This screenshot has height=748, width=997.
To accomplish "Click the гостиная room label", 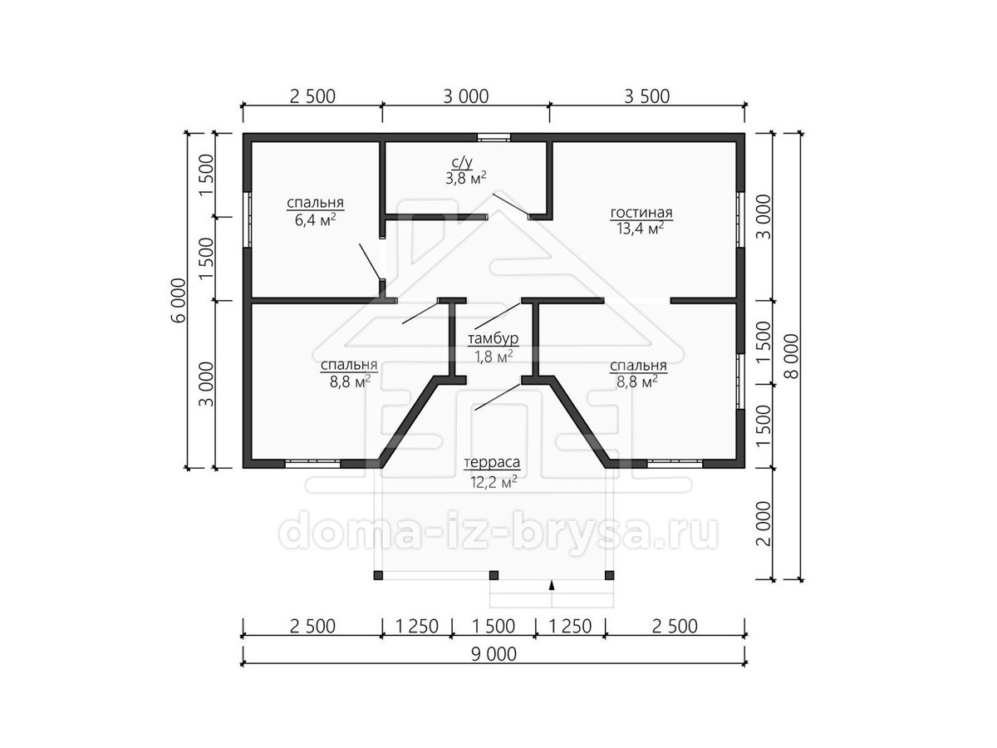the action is (x=641, y=213).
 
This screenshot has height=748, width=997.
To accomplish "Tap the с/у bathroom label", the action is (x=462, y=162).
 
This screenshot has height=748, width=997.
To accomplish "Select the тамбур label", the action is (x=493, y=339).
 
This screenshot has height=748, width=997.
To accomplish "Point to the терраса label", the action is (x=492, y=463).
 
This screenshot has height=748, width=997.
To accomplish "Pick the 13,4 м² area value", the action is (x=640, y=229).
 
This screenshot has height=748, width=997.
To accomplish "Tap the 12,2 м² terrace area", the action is (x=494, y=482).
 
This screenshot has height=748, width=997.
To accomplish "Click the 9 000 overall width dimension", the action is (x=494, y=654).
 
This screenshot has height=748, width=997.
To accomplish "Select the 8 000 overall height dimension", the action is (x=791, y=357).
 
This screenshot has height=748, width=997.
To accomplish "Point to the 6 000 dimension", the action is (x=179, y=300).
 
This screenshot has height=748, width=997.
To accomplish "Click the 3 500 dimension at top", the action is (x=646, y=96).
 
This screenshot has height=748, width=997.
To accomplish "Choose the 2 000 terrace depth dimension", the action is (x=764, y=524).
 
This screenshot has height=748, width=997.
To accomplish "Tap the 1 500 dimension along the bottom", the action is (x=494, y=627).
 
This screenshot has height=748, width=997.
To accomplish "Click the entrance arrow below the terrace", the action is (x=552, y=585).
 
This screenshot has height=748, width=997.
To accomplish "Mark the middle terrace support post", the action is (x=494, y=575).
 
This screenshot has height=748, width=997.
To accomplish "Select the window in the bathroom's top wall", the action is (x=494, y=137).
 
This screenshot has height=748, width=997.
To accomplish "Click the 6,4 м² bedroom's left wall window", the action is (x=248, y=219).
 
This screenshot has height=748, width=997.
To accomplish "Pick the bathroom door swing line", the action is (x=511, y=204).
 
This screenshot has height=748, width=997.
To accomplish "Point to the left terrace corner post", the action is (x=378, y=575).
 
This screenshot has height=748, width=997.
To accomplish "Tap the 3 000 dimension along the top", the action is (x=465, y=96).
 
